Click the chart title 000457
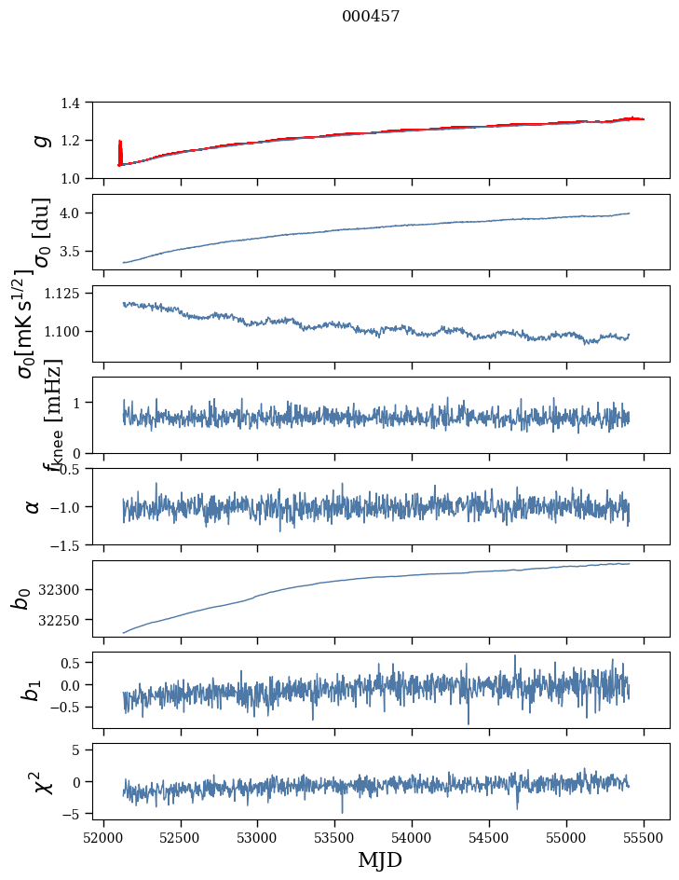(371, 16)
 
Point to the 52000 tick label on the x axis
(103, 836)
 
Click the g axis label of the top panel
(39, 140)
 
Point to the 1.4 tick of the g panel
(79, 103)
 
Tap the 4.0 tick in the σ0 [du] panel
(79, 213)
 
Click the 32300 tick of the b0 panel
(67, 589)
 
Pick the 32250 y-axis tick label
(67, 620)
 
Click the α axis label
(34, 506)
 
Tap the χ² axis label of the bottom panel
(42, 781)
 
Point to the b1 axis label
(34, 690)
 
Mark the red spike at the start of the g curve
(120, 151)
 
